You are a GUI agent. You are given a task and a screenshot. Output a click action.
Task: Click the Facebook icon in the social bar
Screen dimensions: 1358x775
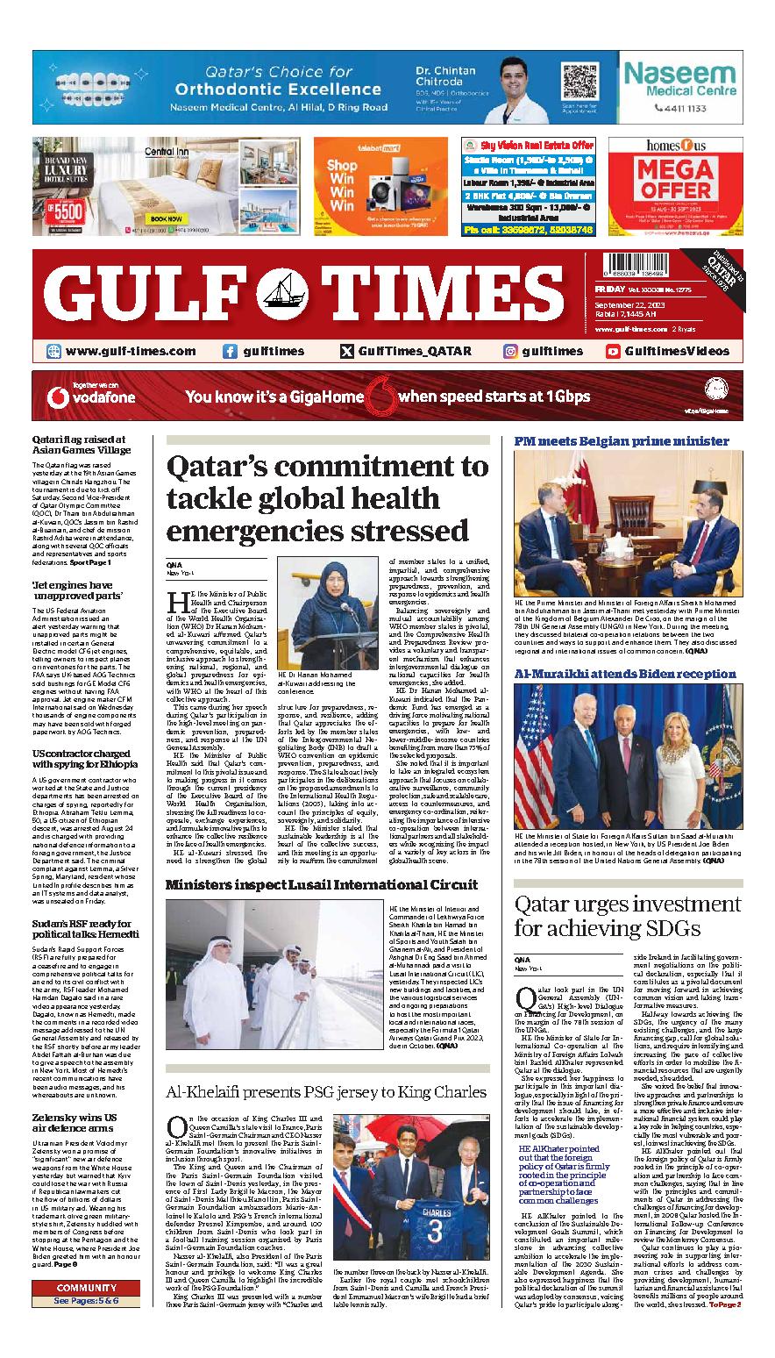pos(231,351)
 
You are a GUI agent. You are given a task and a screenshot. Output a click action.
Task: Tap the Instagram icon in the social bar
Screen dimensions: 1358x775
pos(510,351)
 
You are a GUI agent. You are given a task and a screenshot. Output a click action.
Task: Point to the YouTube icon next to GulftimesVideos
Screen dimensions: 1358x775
pos(613,351)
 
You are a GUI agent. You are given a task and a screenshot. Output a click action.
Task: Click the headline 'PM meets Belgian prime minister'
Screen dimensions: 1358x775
pos(622,441)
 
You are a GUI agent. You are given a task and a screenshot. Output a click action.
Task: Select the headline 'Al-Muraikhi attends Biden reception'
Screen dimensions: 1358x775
pos(622,674)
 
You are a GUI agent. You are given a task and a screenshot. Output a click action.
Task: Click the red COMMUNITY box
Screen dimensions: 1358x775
pos(86,1287)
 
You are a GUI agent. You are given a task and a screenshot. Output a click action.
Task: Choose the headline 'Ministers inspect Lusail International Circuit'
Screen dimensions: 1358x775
pos(322,884)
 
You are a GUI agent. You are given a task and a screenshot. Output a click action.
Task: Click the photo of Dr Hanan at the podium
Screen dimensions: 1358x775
pos(328,615)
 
